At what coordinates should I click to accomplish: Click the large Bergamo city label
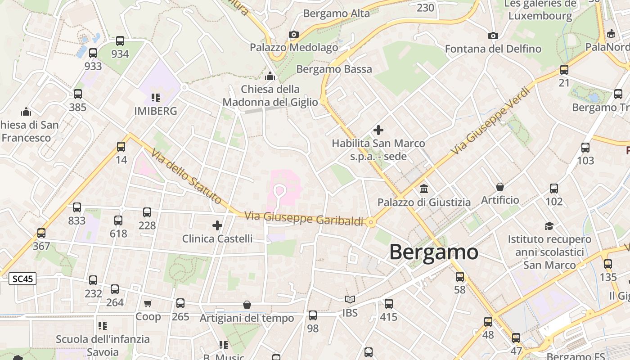433,252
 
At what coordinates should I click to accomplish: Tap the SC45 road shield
22,279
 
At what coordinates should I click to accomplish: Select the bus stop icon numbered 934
120,41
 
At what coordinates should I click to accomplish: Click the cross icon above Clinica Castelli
217,225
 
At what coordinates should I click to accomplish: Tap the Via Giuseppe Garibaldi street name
304,218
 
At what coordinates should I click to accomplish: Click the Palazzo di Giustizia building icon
423,189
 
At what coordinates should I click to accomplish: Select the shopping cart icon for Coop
148,304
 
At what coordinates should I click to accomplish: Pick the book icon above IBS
350,299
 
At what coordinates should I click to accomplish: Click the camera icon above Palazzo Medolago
294,34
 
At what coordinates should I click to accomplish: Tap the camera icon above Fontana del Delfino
493,36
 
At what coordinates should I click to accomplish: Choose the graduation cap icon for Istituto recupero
549,226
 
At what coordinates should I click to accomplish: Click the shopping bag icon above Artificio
499,186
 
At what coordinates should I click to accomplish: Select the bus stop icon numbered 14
121,146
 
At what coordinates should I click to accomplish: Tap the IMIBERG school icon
155,97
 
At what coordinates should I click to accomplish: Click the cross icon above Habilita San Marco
378,130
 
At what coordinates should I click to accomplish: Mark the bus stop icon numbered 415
388,304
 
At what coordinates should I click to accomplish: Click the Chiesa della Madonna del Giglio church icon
270,76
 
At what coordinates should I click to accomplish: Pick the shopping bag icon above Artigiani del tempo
247,305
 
